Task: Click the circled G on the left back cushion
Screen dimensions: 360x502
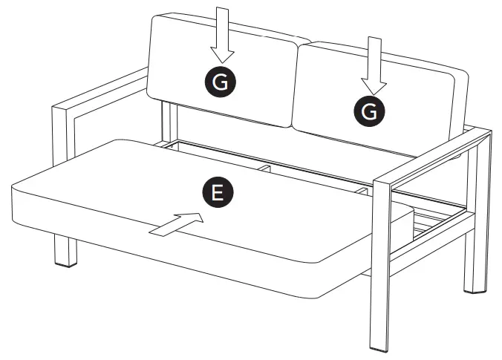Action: click(221, 83)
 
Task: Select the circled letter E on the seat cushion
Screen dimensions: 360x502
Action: click(216, 192)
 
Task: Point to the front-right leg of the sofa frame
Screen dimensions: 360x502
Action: click(381, 297)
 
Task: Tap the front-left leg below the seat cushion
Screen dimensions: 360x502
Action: click(65, 251)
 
